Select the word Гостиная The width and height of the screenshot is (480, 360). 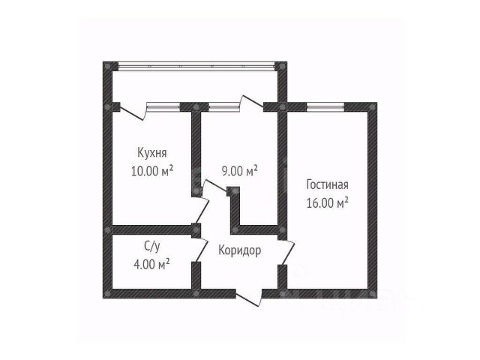pos(328,185)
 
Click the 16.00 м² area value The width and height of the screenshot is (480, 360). pos(328,202)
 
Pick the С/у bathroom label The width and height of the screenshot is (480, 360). pos(151,246)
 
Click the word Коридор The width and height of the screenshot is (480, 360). pos(240,251)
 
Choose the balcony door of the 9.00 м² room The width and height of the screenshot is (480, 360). pos(248,103)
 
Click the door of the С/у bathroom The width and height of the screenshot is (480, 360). pos(199,244)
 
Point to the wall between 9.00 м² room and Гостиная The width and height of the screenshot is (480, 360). pos(283,165)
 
